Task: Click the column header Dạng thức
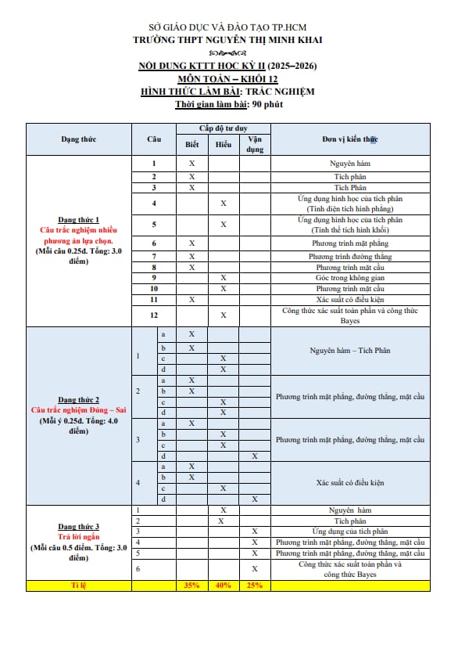tap(78, 139)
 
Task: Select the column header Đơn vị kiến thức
tap(349, 139)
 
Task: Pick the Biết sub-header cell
tap(191, 145)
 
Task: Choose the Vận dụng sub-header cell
tap(255, 145)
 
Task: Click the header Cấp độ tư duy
tap(224, 128)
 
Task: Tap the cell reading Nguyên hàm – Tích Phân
tap(349, 351)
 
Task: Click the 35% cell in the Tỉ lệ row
tap(191, 586)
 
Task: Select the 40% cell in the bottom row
tap(224, 586)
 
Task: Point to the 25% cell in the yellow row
tap(255, 586)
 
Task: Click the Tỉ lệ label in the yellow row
tap(78, 586)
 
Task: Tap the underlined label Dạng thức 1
tap(78, 220)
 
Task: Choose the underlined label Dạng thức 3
tap(78, 527)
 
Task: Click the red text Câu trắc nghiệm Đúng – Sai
tap(78, 410)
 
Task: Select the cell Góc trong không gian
tap(349, 278)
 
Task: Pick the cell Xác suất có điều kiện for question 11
tap(349, 300)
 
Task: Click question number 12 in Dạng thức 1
tap(154, 315)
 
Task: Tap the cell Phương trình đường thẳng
tap(349, 256)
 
